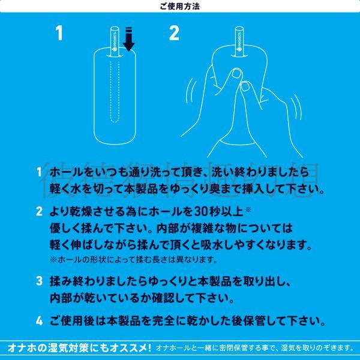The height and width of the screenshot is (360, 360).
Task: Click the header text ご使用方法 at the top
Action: point(180,7)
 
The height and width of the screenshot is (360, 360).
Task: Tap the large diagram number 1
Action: point(59,33)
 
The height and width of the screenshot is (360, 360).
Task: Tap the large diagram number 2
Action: point(174,33)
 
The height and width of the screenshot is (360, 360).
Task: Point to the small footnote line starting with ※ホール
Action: point(133,260)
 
